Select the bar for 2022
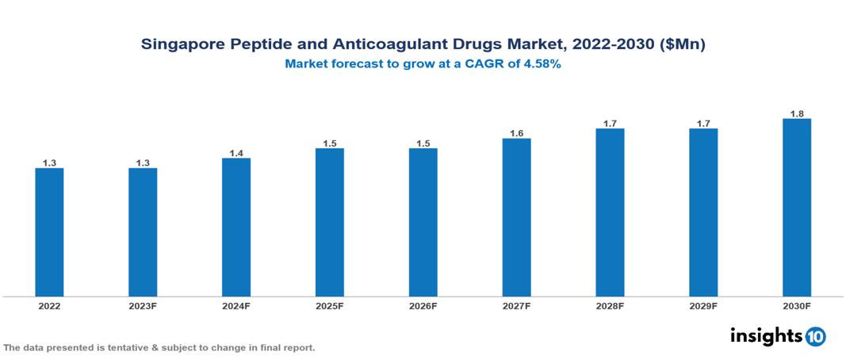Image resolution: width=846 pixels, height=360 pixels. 49,232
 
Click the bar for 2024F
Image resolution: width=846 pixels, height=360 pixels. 236,227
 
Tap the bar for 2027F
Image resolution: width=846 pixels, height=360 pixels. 516,217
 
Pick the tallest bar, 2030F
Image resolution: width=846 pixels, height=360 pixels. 797,207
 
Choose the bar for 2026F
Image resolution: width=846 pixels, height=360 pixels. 423,222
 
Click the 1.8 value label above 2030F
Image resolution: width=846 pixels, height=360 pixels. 797,114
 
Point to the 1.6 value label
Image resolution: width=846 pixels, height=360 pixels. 516,133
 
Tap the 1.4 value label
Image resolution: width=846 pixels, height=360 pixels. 236,153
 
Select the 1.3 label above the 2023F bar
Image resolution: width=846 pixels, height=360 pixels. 143,163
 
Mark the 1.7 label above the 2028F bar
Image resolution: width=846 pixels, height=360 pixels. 610,124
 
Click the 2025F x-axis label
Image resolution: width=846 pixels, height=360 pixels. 329,306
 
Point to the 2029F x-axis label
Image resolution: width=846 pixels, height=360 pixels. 703,306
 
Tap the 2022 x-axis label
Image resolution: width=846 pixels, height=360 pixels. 49,306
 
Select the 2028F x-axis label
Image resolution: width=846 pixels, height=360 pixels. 610,306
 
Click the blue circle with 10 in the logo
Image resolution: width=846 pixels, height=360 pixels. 815,336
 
